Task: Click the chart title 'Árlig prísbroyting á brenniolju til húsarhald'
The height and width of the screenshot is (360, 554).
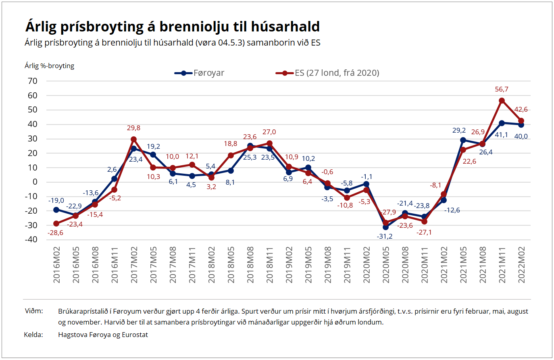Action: pyautogui.click(x=173, y=27)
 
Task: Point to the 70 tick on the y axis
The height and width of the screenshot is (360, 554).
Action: pyautogui.click(x=33, y=81)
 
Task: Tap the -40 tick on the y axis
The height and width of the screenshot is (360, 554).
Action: pyautogui.click(x=31, y=239)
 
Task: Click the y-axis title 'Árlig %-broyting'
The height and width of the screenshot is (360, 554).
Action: pyautogui.click(x=49, y=66)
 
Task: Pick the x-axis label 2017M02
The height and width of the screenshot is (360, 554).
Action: pyautogui.click(x=134, y=265)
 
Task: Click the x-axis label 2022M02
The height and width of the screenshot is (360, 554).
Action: pyautogui.click(x=521, y=265)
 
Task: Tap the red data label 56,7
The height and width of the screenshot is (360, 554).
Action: pyautogui.click(x=502, y=89)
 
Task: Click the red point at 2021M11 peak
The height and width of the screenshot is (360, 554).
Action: pyautogui.click(x=502, y=100)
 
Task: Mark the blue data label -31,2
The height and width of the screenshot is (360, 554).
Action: pyautogui.click(x=385, y=236)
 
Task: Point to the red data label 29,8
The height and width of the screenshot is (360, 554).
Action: pyautogui.click(x=133, y=128)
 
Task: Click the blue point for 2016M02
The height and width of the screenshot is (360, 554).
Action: pyautogui.click(x=56, y=210)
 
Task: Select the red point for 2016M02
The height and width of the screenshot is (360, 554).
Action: pyautogui.click(x=56, y=223)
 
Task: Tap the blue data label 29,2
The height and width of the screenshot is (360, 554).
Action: pyautogui.click(x=459, y=131)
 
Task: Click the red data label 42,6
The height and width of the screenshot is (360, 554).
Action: pyautogui.click(x=521, y=110)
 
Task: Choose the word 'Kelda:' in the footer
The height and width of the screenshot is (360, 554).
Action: pyautogui.click(x=33, y=335)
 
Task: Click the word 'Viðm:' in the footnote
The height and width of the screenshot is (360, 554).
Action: pyautogui.click(x=34, y=311)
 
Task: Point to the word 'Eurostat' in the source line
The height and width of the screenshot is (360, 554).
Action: pyautogui.click(x=135, y=335)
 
